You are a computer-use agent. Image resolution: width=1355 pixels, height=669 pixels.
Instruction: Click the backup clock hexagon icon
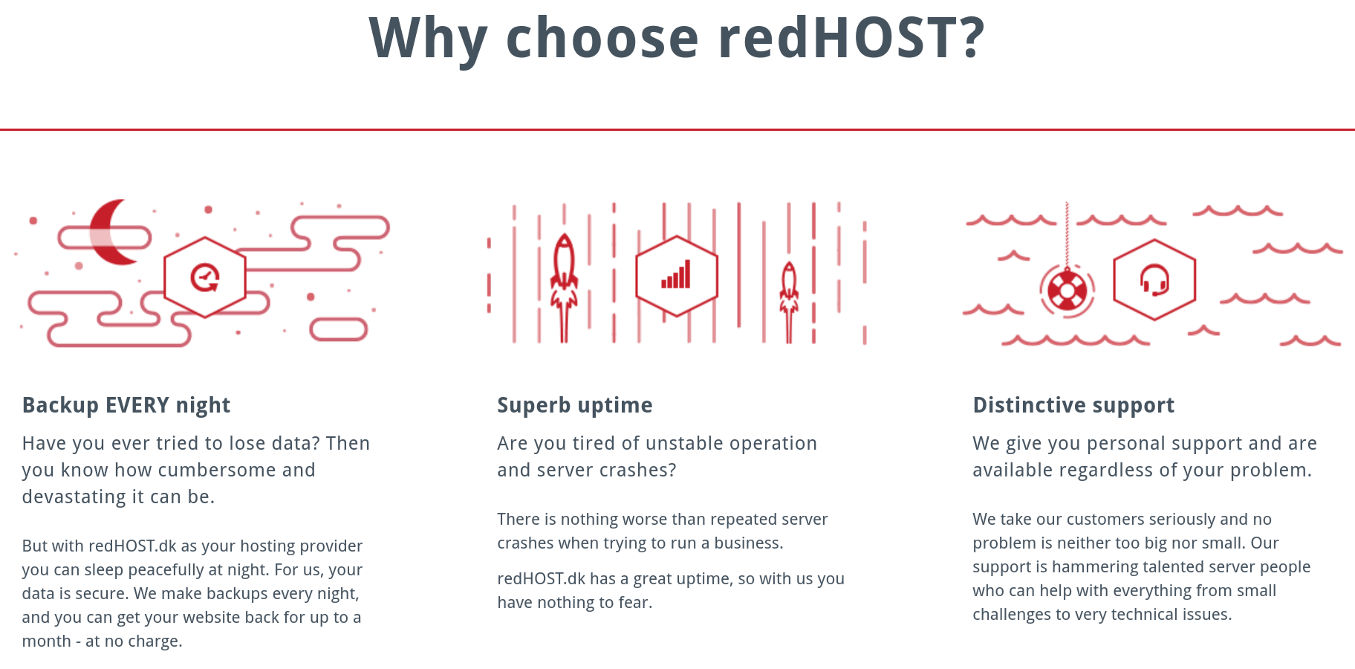205,277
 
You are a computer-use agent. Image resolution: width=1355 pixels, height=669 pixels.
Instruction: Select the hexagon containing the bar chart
677,277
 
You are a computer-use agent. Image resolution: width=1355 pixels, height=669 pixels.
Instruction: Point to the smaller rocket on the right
789,297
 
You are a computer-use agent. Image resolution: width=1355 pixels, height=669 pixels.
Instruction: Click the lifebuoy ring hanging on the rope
1067,291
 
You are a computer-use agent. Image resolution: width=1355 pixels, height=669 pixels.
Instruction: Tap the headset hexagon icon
1154,280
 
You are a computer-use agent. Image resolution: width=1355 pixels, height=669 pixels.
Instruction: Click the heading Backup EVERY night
126,405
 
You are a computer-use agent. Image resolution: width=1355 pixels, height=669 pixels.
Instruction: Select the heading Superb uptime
575,405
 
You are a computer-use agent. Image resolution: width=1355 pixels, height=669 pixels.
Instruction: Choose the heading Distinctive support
1073,405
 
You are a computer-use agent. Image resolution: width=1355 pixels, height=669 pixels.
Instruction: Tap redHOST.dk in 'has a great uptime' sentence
542,578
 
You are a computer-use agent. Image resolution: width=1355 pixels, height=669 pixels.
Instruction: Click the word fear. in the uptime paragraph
635,602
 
